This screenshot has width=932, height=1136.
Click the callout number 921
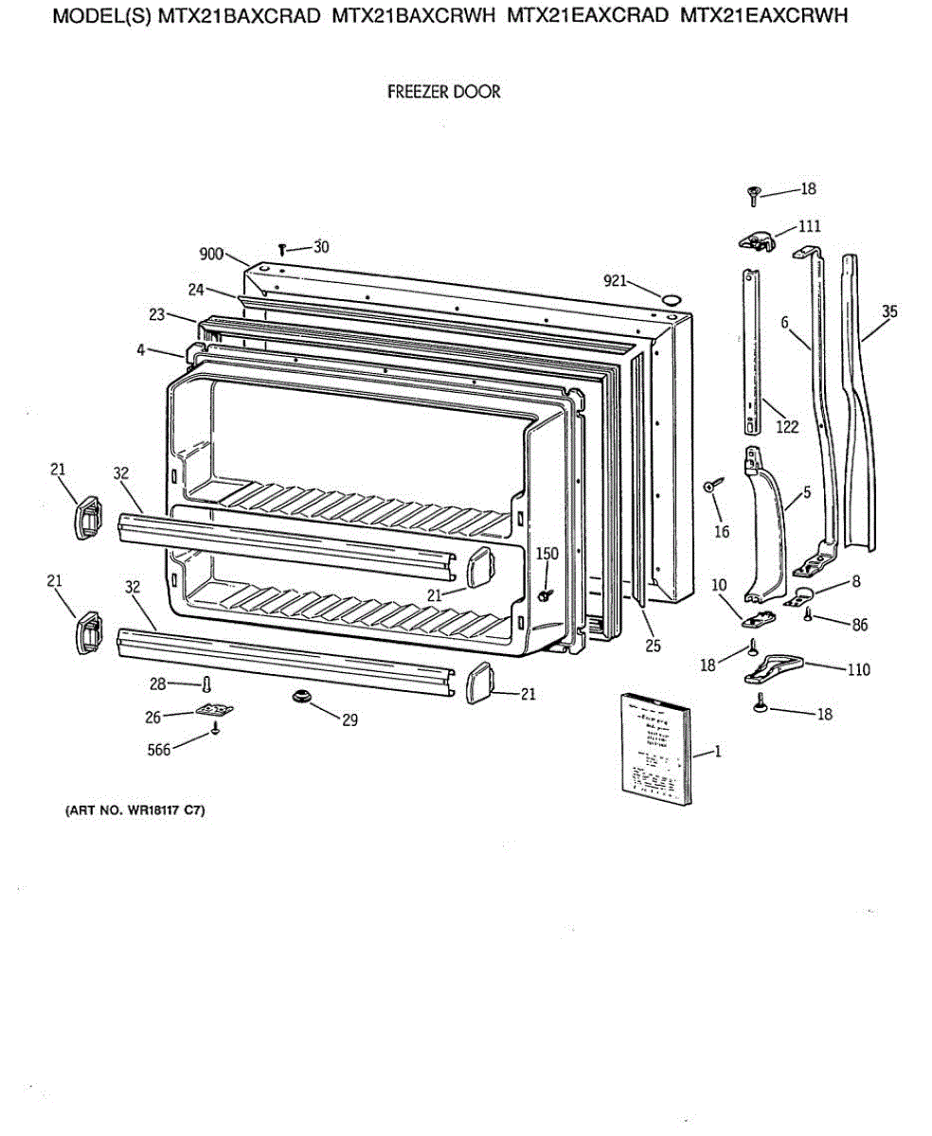click(x=616, y=280)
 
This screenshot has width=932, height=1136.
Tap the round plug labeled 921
click(x=671, y=300)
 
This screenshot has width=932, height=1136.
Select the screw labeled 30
click(x=283, y=249)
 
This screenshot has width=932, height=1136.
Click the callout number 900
click(x=211, y=254)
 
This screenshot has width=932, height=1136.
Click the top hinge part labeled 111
click(x=757, y=240)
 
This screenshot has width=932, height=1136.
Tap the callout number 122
click(x=787, y=427)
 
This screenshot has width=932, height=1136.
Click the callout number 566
click(x=159, y=750)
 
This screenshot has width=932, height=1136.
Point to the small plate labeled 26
click(x=216, y=710)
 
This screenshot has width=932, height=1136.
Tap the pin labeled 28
click(x=206, y=683)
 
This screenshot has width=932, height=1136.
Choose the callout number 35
click(x=889, y=311)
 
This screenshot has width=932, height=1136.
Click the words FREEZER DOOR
click(x=444, y=93)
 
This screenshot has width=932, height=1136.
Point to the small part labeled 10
click(x=756, y=617)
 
